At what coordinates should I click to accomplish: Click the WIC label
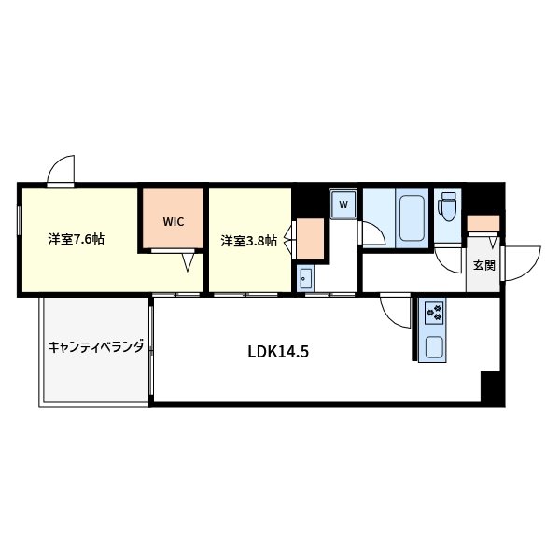174,222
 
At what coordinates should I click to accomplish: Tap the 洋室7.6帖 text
77,239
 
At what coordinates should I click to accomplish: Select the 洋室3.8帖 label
249,241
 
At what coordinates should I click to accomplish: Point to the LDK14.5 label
278,352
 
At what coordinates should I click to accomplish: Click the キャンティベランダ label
96,346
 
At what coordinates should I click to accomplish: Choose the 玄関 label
484,265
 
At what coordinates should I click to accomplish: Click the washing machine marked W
343,204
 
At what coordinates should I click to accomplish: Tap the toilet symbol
448,206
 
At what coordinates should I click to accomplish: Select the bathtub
412,217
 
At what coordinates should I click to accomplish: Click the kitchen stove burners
434,313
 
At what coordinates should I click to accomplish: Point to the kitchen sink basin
435,347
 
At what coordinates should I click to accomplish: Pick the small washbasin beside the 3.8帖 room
305,278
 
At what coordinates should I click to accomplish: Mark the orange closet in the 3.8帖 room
311,239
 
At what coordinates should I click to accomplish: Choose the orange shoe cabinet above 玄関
483,223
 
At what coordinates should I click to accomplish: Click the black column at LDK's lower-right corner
493,388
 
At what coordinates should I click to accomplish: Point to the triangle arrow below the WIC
188,262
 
